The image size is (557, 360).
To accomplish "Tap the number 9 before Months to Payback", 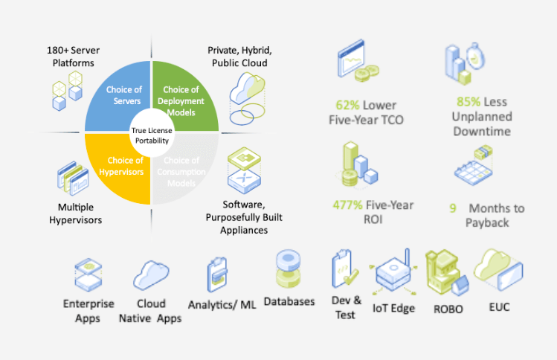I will (452, 208).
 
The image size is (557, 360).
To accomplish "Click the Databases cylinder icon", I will (288, 269).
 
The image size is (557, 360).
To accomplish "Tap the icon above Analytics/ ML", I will (217, 276).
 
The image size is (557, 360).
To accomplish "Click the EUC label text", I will (499, 306).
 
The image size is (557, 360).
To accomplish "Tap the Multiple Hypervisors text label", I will (80, 213).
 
